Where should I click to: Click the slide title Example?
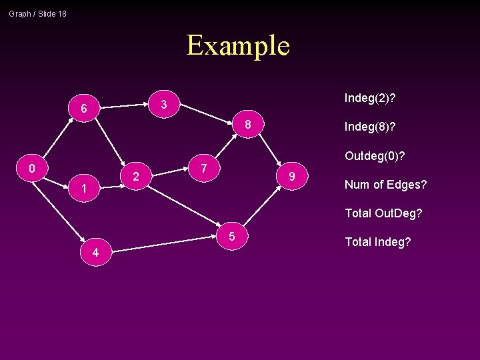(x=238, y=45)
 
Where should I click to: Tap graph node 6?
(x=83, y=108)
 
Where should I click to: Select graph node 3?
(x=163, y=104)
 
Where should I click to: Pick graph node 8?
(x=247, y=125)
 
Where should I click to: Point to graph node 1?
(x=84, y=190)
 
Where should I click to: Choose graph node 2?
(x=135, y=177)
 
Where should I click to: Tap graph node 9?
(x=291, y=177)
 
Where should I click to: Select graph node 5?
(x=231, y=236)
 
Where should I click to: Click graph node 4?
(x=96, y=252)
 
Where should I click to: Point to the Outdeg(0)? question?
(x=375, y=156)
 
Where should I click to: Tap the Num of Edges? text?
(x=385, y=185)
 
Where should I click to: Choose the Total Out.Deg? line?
(x=383, y=213)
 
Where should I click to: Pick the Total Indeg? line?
(x=377, y=242)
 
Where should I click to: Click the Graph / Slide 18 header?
(x=37, y=13)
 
